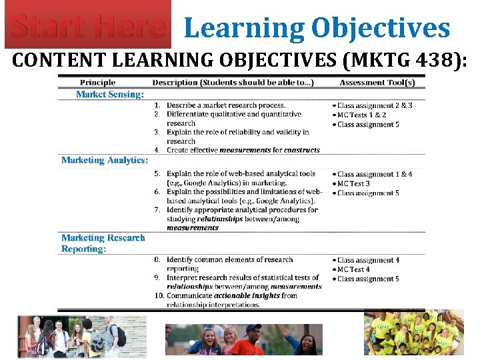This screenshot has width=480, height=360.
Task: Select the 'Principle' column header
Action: (97, 83)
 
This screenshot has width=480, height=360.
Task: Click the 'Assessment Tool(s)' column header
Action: (377, 83)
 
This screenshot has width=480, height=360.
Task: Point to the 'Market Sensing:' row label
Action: (109, 95)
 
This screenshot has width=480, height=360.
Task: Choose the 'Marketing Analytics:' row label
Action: (105, 160)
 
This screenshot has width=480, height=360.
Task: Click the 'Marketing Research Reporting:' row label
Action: (103, 243)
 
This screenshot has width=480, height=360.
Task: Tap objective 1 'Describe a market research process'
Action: (225, 105)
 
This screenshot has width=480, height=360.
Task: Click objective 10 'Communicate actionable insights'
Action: (231, 295)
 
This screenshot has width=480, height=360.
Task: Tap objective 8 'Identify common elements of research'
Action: (229, 259)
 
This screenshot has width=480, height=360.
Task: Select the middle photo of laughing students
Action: (243, 339)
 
